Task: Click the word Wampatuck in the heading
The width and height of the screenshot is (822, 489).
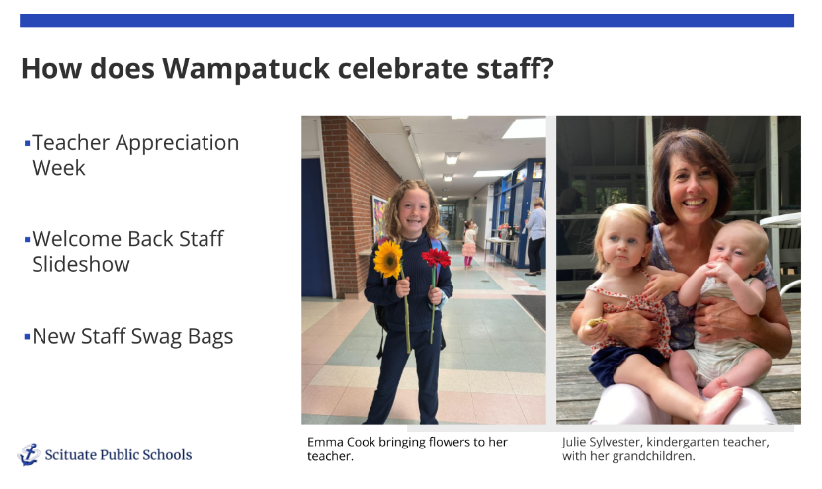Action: pos(246,69)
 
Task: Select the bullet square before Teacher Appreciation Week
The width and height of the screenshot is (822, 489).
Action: pos(28,143)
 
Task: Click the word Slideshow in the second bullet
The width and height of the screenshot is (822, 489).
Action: pos(81,264)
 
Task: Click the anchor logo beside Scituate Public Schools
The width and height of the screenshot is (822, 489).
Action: pos(29,454)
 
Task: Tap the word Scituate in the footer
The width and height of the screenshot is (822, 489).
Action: pos(71,455)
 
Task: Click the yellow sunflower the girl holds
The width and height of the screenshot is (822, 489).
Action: pos(388,259)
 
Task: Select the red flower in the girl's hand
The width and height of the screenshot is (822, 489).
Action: pos(436,257)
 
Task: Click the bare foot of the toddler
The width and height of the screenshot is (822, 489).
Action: pos(721,404)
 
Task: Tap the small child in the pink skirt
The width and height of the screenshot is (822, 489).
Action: pos(468,244)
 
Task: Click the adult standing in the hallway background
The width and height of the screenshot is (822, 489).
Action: pos(535,236)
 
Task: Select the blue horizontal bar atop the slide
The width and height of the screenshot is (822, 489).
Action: pos(407,21)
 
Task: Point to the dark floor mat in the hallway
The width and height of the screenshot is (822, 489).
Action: pos(530,309)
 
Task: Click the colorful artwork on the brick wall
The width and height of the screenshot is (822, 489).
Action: pos(379,218)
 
